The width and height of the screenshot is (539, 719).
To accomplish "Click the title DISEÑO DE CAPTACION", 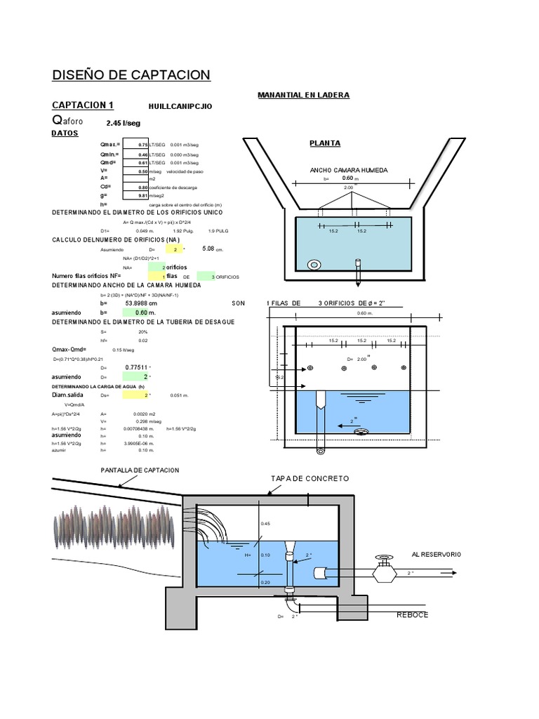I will pyautogui.click(x=131, y=75).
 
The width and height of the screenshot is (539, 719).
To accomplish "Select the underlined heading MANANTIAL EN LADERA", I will pyautogui.click(x=303, y=95).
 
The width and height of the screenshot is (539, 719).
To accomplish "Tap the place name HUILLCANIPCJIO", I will pyautogui.click(x=180, y=107).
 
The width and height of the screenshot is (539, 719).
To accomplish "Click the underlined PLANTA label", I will pyautogui.click(x=325, y=144).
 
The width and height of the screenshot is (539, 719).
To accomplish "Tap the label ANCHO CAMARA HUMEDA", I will pyautogui.click(x=348, y=171).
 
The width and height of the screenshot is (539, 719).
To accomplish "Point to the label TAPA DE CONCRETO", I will pyautogui.click(x=310, y=478).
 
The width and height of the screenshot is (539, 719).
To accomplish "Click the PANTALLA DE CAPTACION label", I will pyautogui.click(x=140, y=469).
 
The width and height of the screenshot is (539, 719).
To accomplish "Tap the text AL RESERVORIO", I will pyautogui.click(x=437, y=554).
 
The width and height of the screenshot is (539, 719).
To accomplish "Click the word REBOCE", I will pyautogui.click(x=412, y=614).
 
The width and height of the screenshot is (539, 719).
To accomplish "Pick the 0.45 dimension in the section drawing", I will pyautogui.click(x=265, y=524).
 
